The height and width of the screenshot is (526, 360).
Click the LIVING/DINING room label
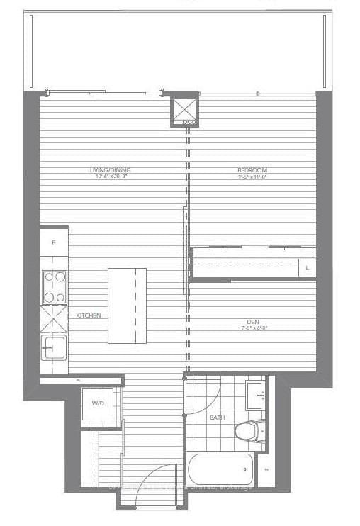[x=111, y=170]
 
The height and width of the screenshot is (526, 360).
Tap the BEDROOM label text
[x=252, y=170]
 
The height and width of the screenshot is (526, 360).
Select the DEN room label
[x=252, y=322]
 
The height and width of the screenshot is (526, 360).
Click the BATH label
[x=217, y=418]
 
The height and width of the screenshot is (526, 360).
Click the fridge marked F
[x=54, y=242]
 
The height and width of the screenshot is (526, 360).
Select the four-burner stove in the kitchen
[x=55, y=287]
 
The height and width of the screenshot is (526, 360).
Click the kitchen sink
[x=54, y=347]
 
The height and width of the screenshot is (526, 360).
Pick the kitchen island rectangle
[x=128, y=306]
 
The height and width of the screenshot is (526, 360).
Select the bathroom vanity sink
[x=256, y=394]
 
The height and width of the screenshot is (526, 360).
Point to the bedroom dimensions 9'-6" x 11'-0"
[x=252, y=177]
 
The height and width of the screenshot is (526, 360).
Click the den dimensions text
[x=252, y=328]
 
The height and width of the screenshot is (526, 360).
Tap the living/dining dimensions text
[x=111, y=177]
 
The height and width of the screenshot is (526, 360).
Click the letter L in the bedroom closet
[x=308, y=268]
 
